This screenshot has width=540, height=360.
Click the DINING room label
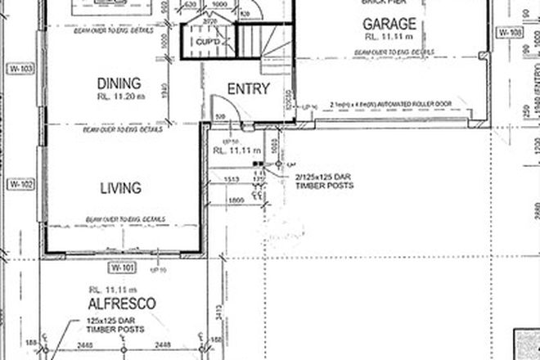pyautogui.click(x=119, y=83)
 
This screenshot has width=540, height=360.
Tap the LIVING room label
pyautogui.click(x=120, y=188)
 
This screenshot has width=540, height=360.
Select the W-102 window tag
pyautogui.click(x=19, y=186)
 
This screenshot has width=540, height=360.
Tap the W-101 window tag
pyautogui.click(x=123, y=268)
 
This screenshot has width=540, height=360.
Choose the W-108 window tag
pyautogui.click(x=509, y=34)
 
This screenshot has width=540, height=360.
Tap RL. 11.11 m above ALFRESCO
pyautogui.click(x=119, y=289)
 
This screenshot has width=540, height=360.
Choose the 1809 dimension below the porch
pyautogui.click(x=236, y=200)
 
